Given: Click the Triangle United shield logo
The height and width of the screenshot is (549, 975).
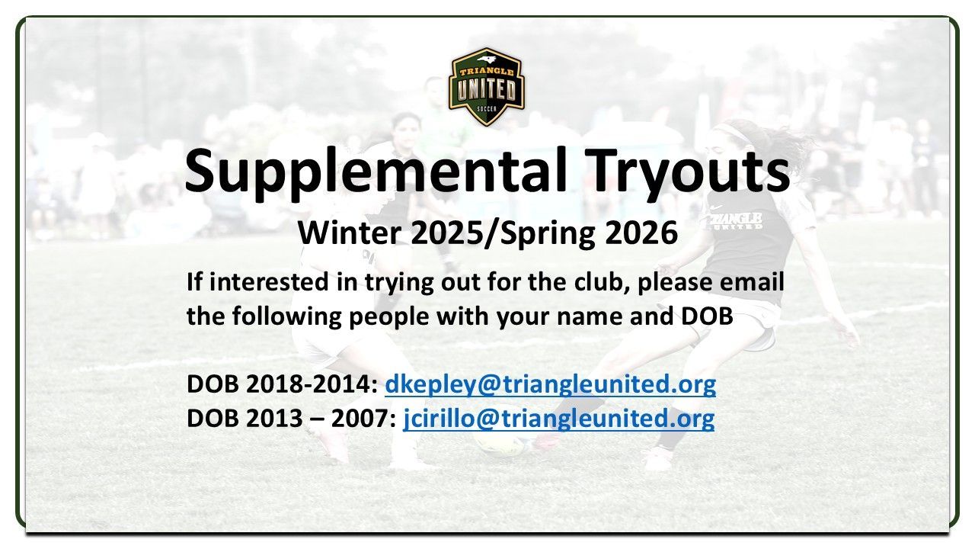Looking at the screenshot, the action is (x=487, y=87).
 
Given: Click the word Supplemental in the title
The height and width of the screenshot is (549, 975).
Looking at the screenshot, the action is (x=376, y=172).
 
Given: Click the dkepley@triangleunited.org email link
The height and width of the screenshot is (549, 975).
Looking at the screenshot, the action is (x=550, y=385).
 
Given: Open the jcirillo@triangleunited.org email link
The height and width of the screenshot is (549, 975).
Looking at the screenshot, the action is (x=559, y=419).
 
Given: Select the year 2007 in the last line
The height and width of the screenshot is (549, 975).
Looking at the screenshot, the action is (x=363, y=419).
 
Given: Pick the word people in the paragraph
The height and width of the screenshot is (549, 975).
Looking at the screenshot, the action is (x=389, y=316).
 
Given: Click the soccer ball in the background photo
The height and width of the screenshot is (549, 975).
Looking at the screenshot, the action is (x=500, y=443).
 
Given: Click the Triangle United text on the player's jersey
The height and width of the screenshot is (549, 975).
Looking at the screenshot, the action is (x=734, y=220).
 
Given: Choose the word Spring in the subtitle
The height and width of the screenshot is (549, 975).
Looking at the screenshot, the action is (x=549, y=233).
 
